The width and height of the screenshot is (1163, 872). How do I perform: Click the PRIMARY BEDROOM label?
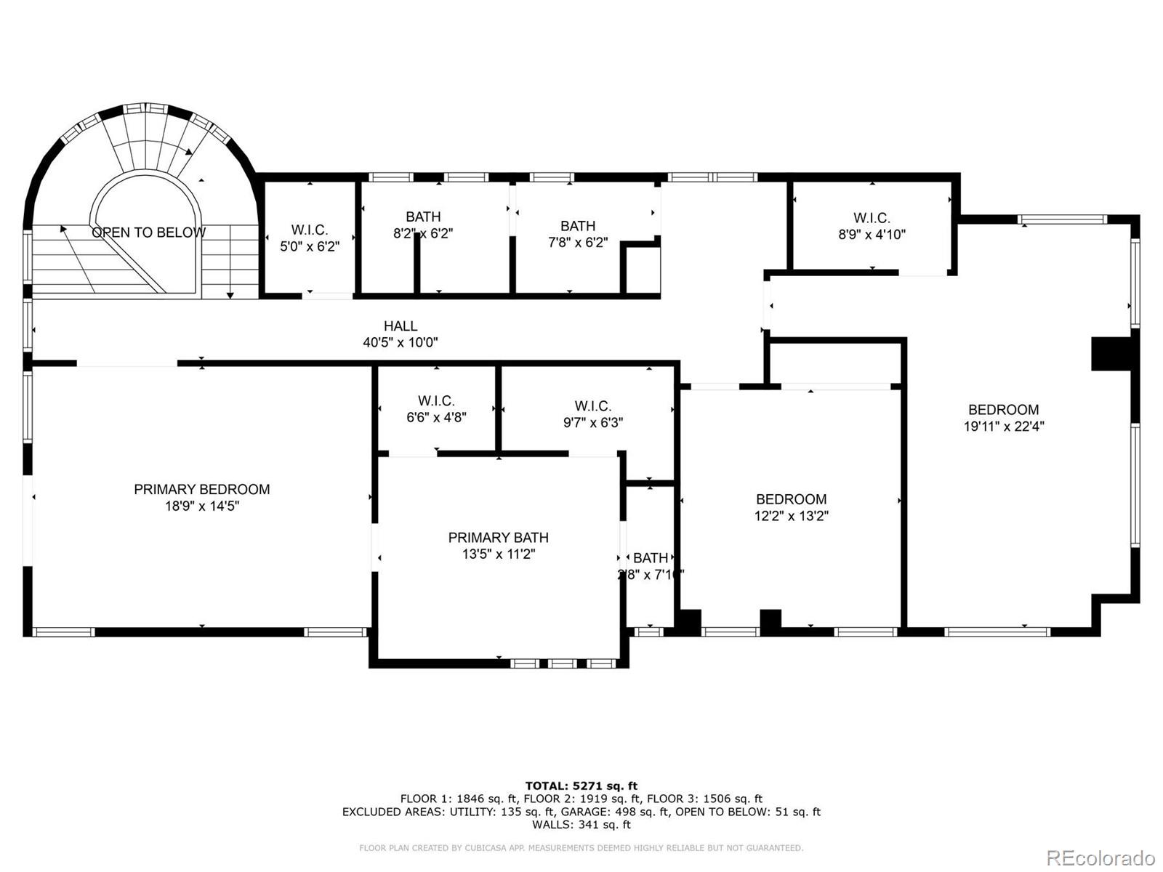point(201,490)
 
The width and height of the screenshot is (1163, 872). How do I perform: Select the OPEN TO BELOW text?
point(148,233)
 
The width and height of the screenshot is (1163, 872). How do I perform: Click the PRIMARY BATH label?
point(498,538)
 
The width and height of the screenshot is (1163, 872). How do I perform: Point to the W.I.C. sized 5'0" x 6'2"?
point(310,238)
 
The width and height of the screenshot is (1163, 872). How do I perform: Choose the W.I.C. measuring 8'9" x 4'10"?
point(872,226)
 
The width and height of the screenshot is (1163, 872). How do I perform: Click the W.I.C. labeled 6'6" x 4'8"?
point(436,409)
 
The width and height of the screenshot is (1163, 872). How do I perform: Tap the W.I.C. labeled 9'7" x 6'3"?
point(592,414)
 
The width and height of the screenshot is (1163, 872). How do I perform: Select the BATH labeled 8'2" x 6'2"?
point(423,225)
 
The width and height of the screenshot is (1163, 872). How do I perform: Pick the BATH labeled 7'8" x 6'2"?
point(578,234)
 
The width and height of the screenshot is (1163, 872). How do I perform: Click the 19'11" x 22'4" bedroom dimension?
point(1003,427)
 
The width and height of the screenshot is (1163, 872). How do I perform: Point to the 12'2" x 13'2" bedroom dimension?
point(791,516)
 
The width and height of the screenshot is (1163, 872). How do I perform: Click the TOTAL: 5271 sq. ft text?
point(581,786)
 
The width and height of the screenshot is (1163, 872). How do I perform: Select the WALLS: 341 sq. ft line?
point(581,825)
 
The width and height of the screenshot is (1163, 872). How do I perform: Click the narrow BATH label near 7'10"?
point(651,558)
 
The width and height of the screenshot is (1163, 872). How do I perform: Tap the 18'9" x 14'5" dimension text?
point(201,506)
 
